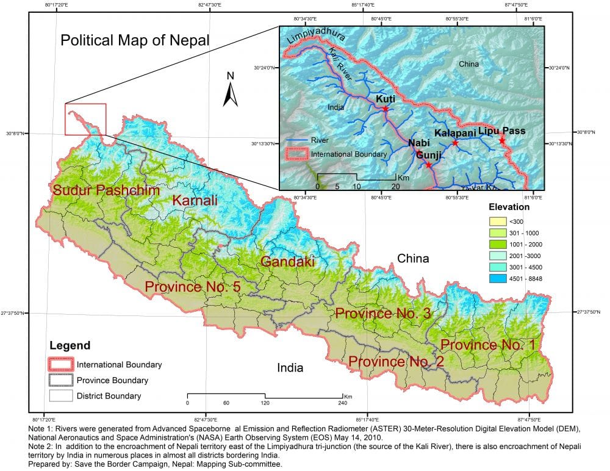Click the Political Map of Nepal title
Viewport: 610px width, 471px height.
(x=134, y=41)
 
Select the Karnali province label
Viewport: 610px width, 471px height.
(x=193, y=200)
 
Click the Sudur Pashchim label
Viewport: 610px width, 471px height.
(x=106, y=190)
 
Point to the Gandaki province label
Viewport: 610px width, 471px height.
(x=287, y=262)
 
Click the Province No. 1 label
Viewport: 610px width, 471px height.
(x=488, y=345)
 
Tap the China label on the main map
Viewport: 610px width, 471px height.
(x=413, y=259)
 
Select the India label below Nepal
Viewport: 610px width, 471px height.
(x=290, y=368)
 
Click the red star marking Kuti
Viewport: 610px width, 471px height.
(x=386, y=109)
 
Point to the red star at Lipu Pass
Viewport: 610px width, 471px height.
(x=502, y=140)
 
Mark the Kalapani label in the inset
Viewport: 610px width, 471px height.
(x=454, y=132)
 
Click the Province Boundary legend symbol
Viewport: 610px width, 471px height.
(x=62, y=380)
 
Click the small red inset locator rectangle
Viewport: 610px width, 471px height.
(x=85, y=119)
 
